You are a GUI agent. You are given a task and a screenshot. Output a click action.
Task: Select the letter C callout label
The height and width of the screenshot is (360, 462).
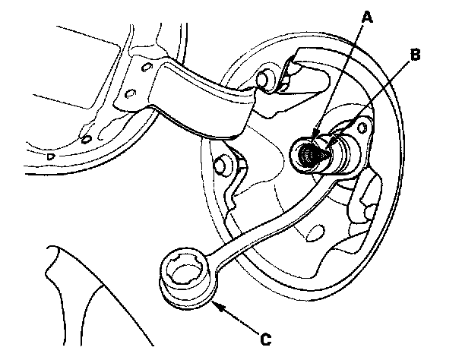264,339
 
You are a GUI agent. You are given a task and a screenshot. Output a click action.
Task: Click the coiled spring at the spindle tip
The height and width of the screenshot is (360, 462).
309,156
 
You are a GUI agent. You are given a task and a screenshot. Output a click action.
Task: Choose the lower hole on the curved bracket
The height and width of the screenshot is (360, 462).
129,94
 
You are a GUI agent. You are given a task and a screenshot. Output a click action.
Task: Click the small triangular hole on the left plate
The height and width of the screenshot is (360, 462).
51,156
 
